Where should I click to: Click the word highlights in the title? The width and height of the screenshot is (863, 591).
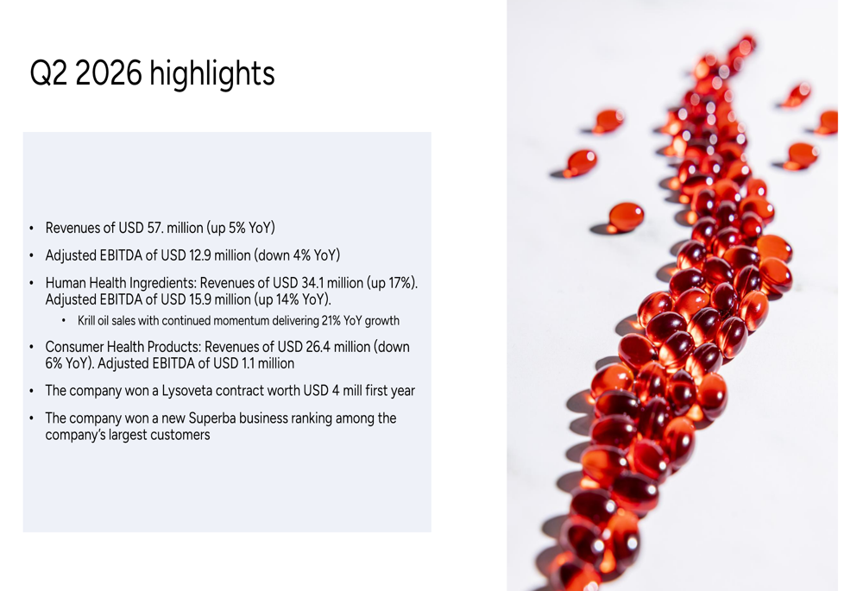[212, 73]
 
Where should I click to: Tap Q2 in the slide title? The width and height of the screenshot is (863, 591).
[48, 72]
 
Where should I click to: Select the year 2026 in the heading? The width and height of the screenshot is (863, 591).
[109, 72]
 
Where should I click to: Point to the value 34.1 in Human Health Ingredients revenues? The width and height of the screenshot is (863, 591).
[312, 283]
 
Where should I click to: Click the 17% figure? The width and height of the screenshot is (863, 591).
[400, 283]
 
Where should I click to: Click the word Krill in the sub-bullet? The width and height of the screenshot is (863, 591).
[86, 320]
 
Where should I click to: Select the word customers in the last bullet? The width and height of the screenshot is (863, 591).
[183, 435]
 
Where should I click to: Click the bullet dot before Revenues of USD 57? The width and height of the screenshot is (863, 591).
[31, 228]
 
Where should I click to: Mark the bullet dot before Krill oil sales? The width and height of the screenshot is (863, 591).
[63, 320]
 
